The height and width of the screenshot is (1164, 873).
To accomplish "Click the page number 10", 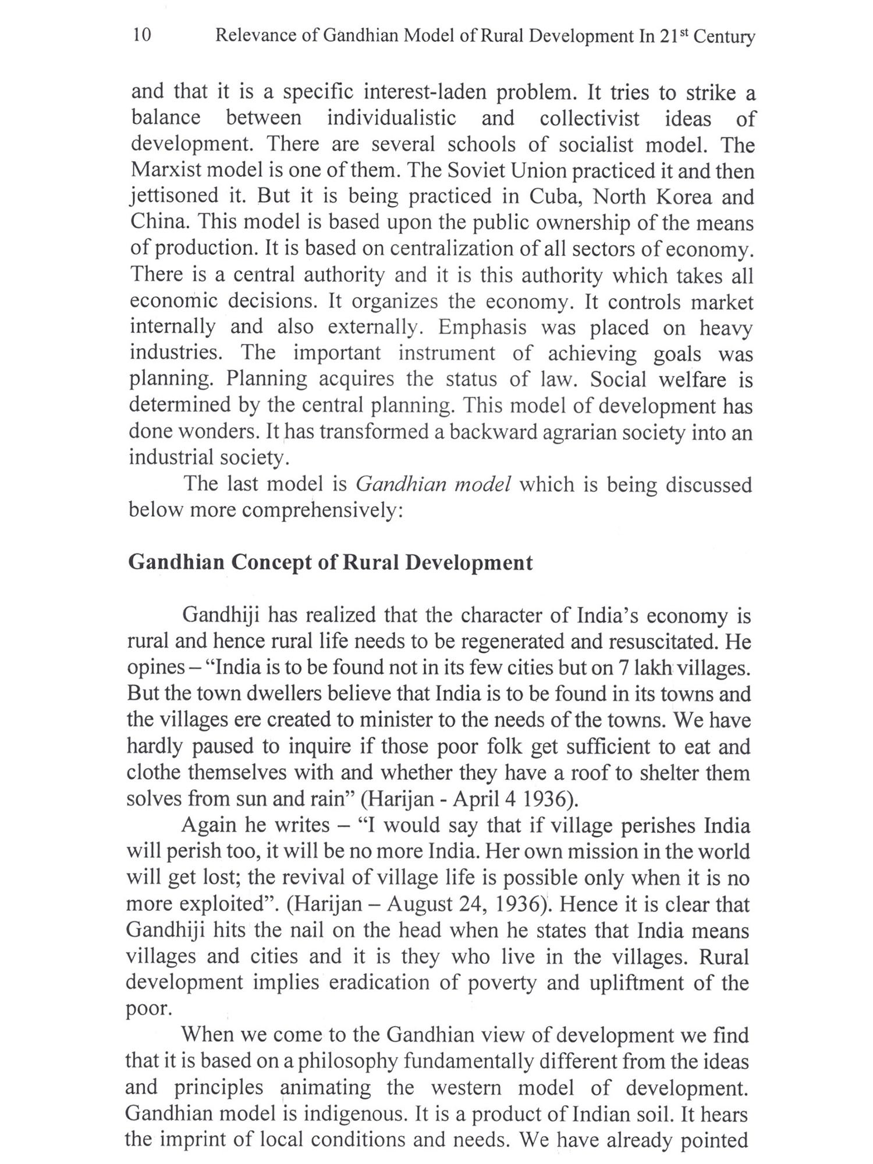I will [142, 36].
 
